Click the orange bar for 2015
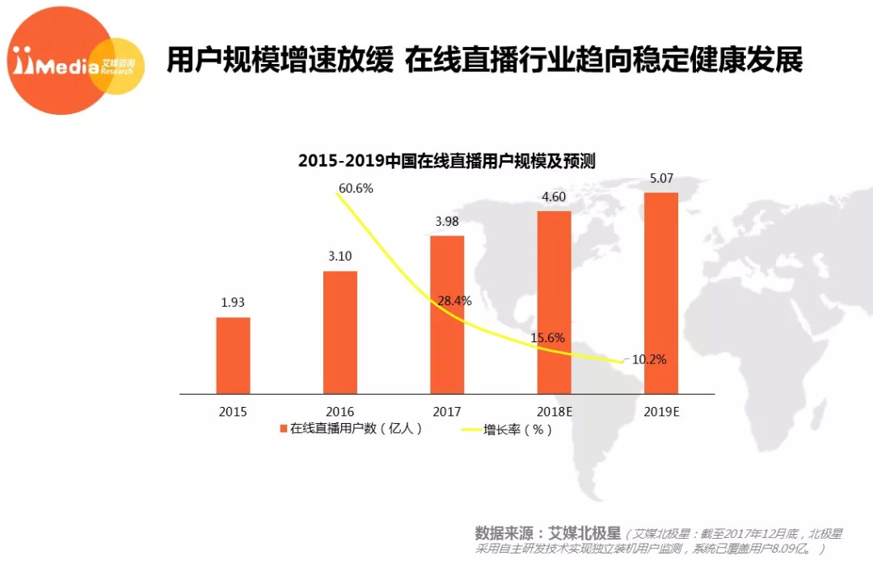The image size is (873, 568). (x=233, y=355)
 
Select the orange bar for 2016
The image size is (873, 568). (x=339, y=333)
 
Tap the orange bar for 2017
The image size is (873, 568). (x=447, y=315)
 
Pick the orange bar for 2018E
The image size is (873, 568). (x=554, y=303)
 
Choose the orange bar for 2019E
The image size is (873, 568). (x=661, y=293)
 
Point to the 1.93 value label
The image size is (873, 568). (x=232, y=303)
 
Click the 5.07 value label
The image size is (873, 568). (x=660, y=177)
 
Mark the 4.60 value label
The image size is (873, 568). (x=554, y=197)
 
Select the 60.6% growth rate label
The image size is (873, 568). (x=356, y=189)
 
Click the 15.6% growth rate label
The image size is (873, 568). (x=547, y=337)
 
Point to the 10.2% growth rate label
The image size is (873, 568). (x=649, y=360)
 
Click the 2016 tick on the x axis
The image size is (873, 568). (x=339, y=411)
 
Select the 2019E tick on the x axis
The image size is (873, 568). (x=661, y=411)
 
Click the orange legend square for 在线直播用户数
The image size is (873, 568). (x=284, y=429)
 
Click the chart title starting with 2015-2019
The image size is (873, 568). (x=446, y=160)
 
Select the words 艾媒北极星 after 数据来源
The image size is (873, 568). (x=585, y=534)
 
